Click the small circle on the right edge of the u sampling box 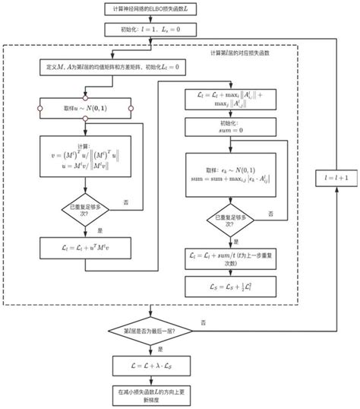(x=131, y=109)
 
